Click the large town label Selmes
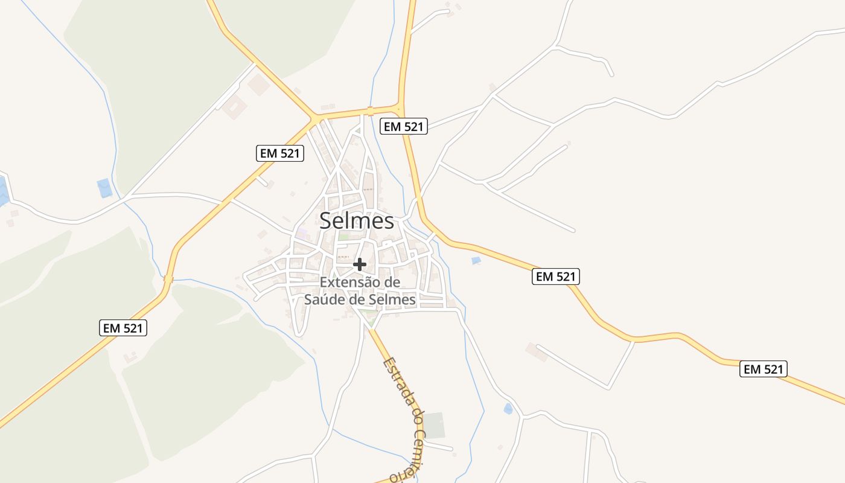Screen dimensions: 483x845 point(357,221)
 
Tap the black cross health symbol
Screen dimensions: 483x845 point(360,264)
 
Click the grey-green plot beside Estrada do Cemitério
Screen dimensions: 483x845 point(434,426)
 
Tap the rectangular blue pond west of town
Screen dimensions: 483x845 point(104,188)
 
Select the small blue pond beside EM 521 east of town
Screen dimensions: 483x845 point(476,260)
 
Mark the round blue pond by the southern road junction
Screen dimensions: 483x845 point(508,409)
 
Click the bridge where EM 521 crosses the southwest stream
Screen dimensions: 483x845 point(168,279)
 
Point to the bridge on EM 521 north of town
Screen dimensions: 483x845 point(369,111)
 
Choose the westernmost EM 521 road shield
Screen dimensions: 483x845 point(123,328)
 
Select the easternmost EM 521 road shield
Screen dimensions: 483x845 point(764,369)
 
